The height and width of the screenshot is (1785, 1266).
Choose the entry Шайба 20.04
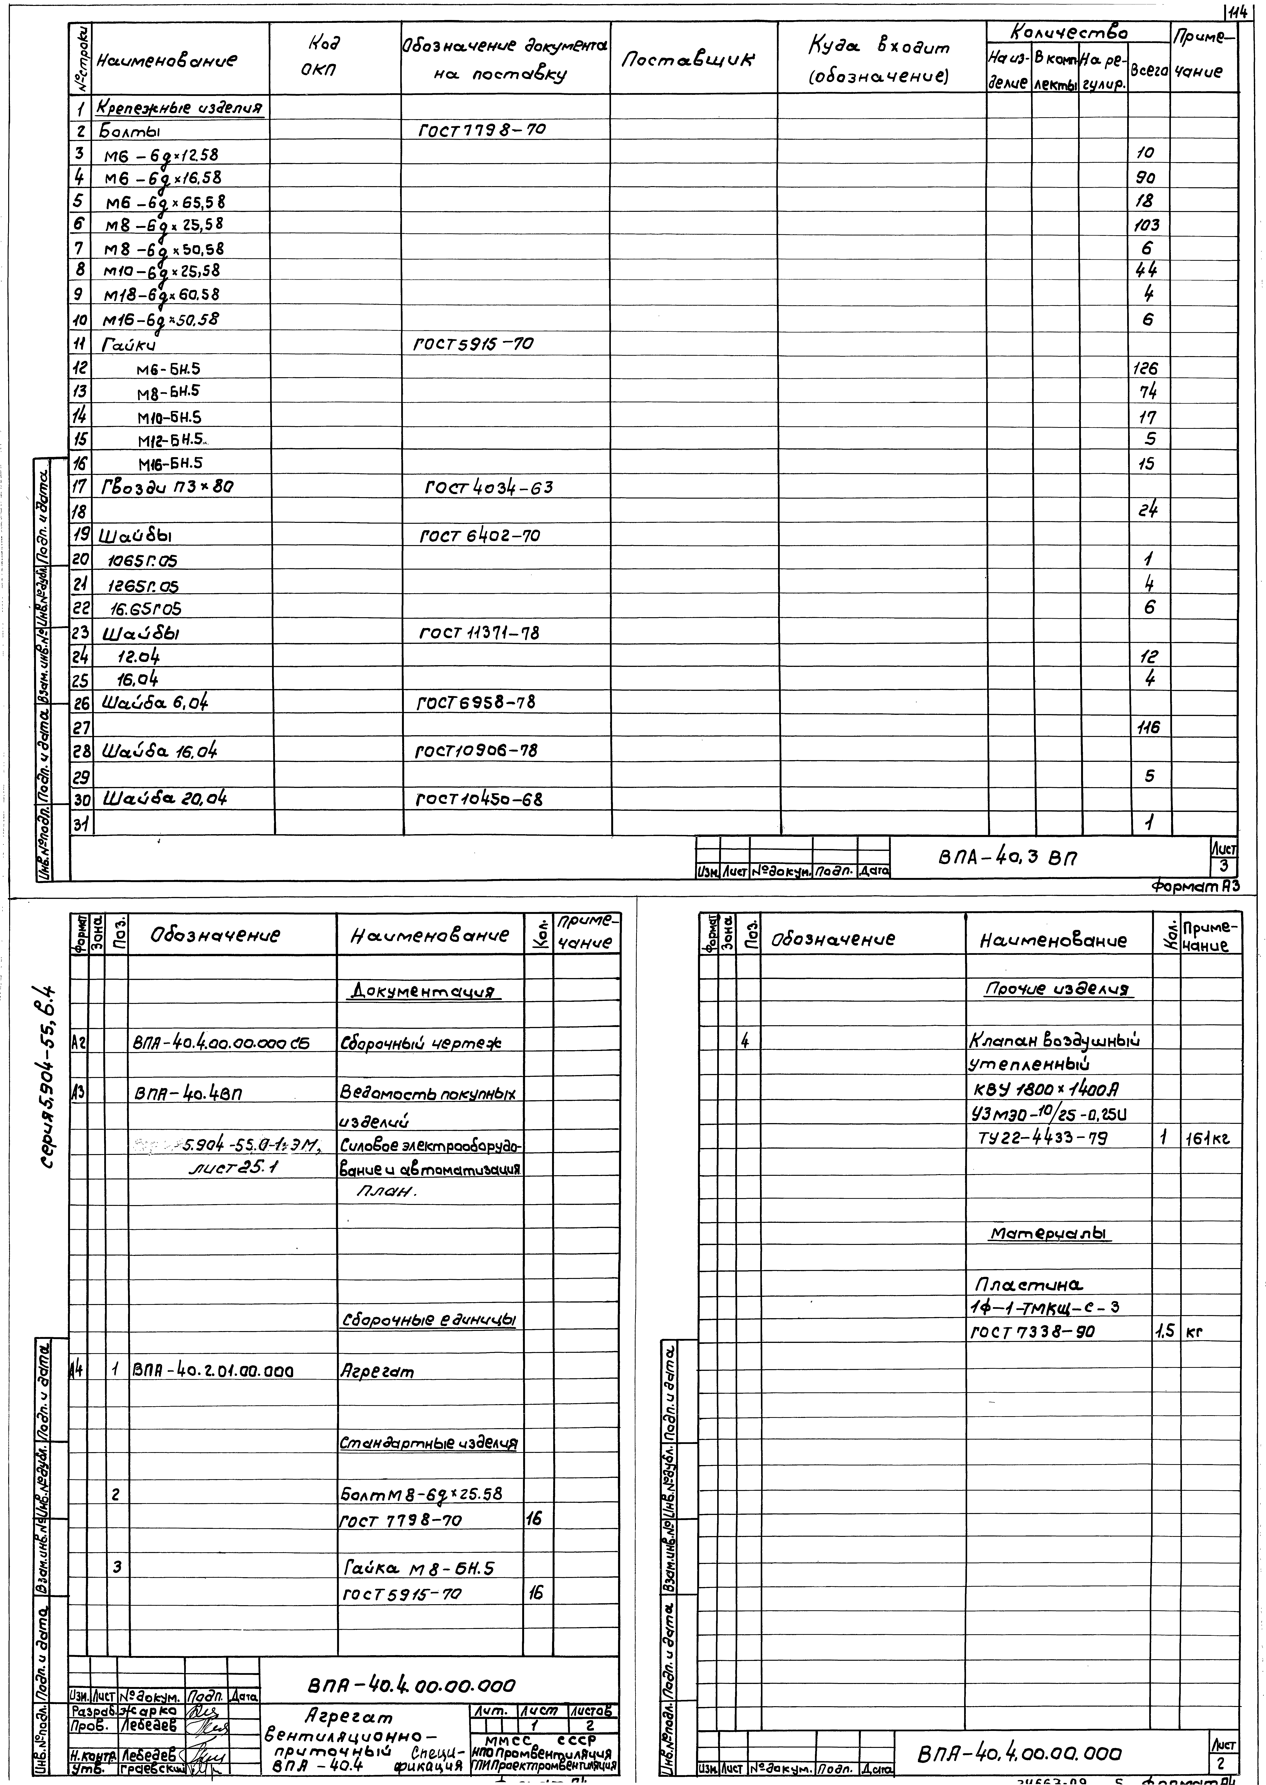point(165,799)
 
